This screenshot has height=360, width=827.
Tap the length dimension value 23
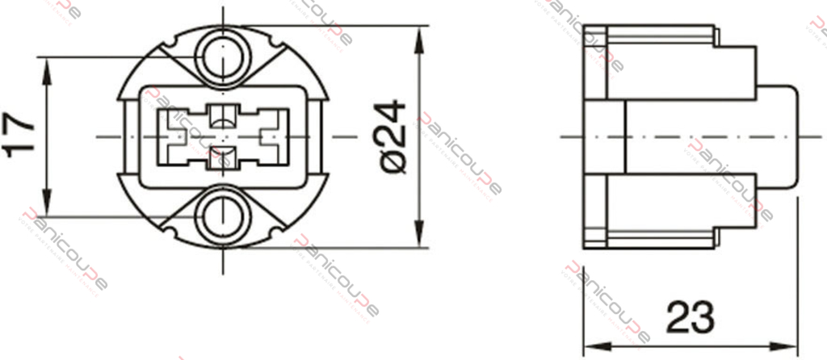point(691,316)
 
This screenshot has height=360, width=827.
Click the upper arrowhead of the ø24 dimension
point(420,37)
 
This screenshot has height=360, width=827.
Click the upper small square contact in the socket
point(220,115)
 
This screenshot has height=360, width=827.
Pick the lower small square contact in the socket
point(220,158)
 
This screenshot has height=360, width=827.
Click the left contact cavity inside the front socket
point(176,136)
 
